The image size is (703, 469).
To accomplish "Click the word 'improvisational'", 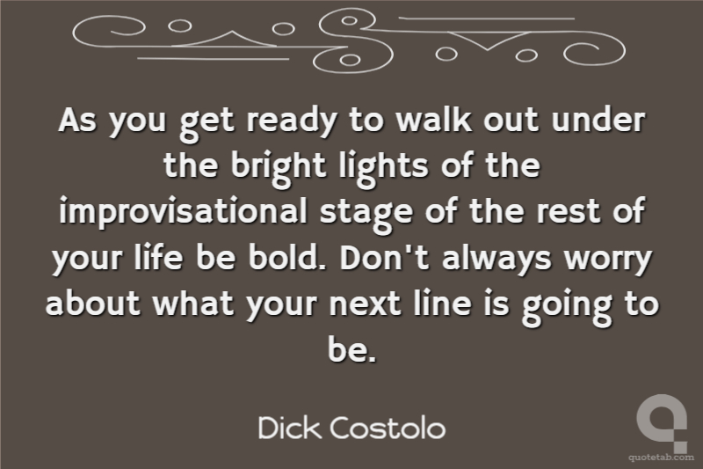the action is tap(184, 211).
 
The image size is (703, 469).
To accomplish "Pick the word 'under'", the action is tap(598, 120).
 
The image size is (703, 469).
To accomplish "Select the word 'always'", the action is tap(496, 259).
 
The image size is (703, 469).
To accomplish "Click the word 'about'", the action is tap(93, 303).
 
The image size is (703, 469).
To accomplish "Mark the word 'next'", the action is tap(365, 304).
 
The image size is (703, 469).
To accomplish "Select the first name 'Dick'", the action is tap(290, 428).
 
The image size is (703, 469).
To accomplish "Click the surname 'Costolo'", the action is tap(388, 428).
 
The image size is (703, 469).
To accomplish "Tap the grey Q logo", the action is tap(662, 422).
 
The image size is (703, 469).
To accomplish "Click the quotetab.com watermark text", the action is tap(661, 458).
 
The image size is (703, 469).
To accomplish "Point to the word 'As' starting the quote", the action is tap(76, 120).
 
